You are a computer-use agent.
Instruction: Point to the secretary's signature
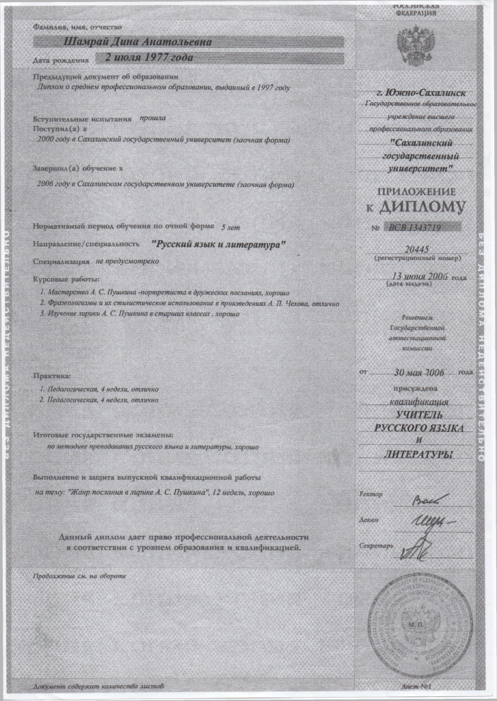click(x=414, y=547)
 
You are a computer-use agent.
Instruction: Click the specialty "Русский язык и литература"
click(x=219, y=243)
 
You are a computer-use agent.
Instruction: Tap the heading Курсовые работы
click(x=66, y=279)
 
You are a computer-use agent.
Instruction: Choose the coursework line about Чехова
click(x=189, y=303)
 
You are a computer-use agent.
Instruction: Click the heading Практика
click(x=52, y=376)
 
